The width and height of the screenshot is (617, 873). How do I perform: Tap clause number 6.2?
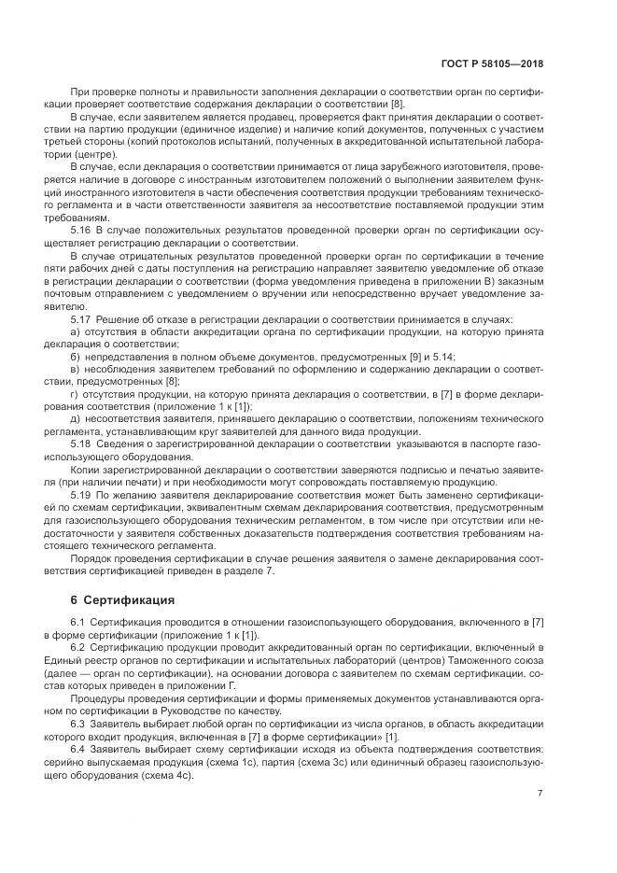coord(79,646)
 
